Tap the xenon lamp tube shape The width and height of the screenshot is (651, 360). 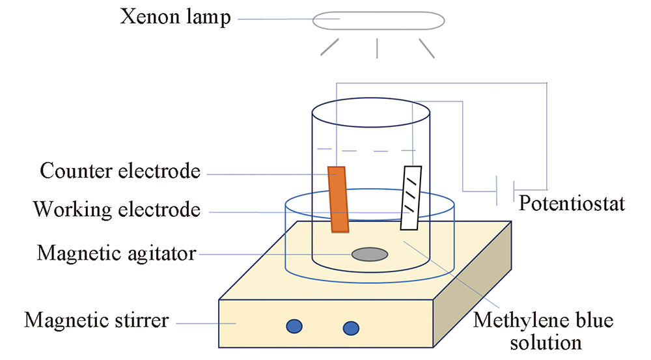(378, 20)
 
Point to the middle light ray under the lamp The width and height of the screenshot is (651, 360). (378, 48)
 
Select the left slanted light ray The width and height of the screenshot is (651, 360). (330, 47)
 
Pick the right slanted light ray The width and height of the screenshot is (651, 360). (426, 48)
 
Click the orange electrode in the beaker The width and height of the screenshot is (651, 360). (339, 199)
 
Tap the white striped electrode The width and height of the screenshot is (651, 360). (411, 197)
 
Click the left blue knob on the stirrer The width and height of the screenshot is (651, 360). (294, 325)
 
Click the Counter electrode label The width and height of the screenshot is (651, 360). (120, 172)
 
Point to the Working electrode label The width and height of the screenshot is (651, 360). (117, 210)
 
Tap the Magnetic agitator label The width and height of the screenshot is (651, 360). (117, 252)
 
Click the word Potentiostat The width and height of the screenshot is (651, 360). (572, 204)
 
